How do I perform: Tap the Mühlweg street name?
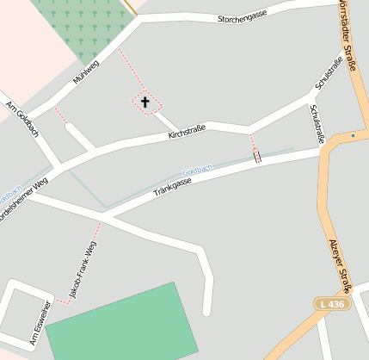pos(88,74)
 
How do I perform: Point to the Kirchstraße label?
pos(187,132)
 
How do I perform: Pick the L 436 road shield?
pos(329,304)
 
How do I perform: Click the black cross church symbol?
pos(145,102)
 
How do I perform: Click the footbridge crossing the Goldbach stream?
pos(256,156)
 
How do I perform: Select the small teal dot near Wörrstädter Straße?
pos(353,135)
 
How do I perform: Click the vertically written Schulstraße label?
pos(316,120)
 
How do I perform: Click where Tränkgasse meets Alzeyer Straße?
pos(323,149)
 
